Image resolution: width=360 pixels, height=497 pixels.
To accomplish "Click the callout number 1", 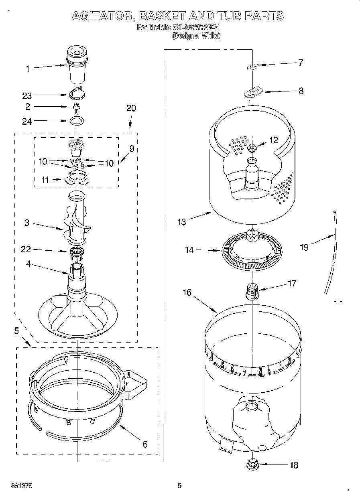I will (x=27, y=69).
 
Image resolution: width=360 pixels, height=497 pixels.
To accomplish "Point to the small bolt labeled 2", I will (x=75, y=107).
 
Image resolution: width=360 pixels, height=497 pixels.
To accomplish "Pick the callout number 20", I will (x=131, y=108).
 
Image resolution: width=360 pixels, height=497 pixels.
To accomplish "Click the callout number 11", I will (x=45, y=180).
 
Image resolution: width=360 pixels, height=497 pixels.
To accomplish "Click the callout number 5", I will (x=16, y=331).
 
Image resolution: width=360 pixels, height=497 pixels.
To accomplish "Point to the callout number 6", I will (x=145, y=444).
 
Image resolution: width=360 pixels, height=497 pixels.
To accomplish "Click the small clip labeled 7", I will (x=252, y=67).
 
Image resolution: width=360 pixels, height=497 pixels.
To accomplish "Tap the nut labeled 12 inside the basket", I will (x=252, y=148).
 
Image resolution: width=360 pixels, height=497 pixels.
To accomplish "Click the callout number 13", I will (x=182, y=221).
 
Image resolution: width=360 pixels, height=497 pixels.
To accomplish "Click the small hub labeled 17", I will (x=251, y=292).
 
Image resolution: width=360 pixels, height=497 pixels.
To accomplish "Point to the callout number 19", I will (x=304, y=247).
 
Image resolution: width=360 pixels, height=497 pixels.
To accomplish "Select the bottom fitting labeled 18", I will (x=252, y=465).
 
